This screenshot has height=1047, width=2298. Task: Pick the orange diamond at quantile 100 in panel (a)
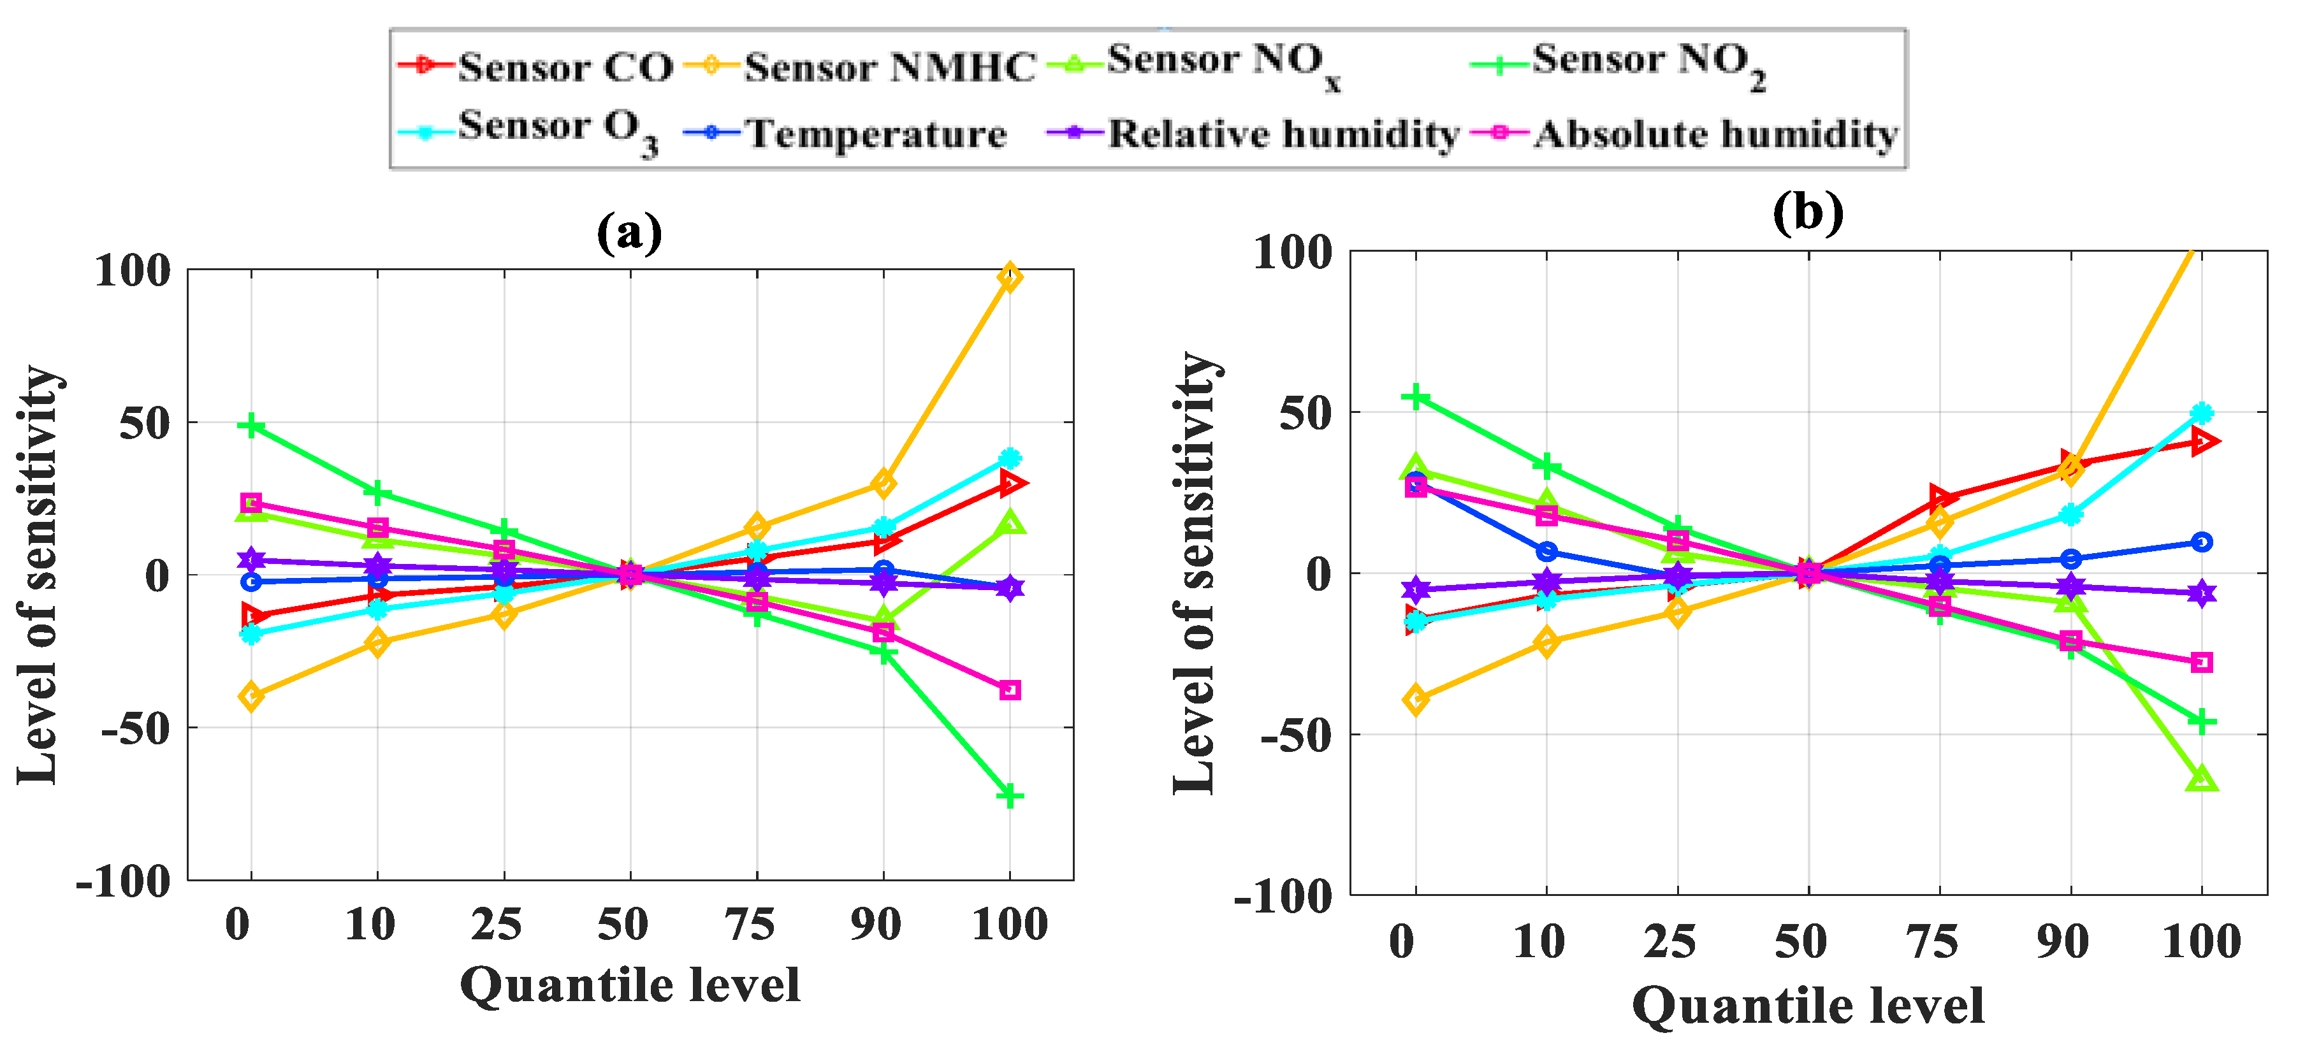tap(1009, 277)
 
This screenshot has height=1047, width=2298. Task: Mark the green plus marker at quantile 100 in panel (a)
tap(1009, 795)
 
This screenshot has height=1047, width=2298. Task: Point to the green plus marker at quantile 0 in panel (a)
tap(252, 426)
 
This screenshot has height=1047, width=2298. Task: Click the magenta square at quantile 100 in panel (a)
tap(1009, 690)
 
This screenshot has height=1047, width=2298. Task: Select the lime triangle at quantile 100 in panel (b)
tap(2200, 779)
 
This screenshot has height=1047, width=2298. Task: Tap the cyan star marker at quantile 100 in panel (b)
tap(2200, 413)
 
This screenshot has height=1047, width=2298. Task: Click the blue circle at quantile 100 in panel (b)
tap(2200, 541)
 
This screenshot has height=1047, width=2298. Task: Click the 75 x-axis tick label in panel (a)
tap(750, 924)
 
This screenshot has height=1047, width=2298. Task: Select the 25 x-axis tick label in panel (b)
tap(1669, 942)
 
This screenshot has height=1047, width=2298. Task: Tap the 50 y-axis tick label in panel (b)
tap(1305, 413)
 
